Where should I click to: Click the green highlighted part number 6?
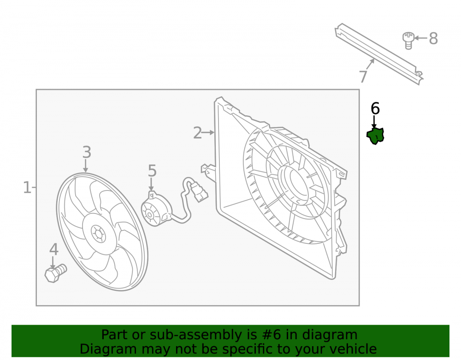375,136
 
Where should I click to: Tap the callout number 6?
375,109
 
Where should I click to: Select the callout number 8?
433,39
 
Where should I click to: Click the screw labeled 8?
408,41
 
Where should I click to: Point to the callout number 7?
363,77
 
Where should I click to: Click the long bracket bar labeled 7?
379,54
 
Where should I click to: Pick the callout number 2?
198,133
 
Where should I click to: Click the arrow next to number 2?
208,133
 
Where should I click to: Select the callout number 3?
87,152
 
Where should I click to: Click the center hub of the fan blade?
98,234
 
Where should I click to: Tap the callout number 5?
152,171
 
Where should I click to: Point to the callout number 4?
54,249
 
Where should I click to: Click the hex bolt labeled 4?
56,273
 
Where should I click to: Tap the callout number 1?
27,188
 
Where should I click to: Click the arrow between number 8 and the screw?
421,38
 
